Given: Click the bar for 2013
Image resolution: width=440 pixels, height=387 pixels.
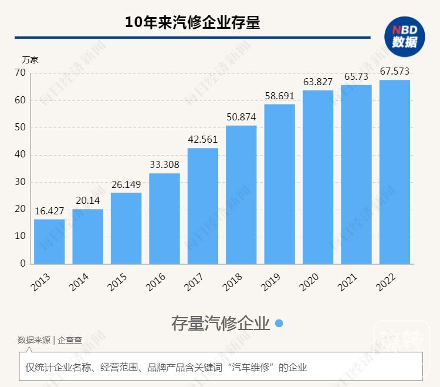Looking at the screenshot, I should [x=49, y=241].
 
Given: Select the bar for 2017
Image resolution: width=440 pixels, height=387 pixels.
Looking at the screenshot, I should [x=202, y=206].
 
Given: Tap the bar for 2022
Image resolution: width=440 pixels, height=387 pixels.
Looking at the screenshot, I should [x=394, y=171].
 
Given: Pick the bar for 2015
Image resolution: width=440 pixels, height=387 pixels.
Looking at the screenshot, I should [x=126, y=228].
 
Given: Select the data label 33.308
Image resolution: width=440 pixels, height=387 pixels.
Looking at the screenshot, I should [x=164, y=164].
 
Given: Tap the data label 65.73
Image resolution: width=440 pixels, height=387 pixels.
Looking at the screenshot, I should [x=356, y=76].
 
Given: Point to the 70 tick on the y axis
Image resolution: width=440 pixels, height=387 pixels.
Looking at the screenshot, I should [x=21, y=73].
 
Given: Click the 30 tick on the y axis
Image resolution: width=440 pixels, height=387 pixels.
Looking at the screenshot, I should [x=21, y=182].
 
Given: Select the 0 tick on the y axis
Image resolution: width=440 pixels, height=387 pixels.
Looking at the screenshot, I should [x=23, y=264].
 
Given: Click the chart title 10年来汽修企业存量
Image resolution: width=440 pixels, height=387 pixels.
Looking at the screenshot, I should [x=192, y=22].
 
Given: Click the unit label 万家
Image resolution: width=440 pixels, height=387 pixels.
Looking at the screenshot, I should [x=30, y=59].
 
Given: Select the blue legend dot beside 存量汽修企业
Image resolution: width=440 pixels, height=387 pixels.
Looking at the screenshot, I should [x=279, y=324].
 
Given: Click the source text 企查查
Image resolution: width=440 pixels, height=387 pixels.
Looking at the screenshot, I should [x=70, y=340].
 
